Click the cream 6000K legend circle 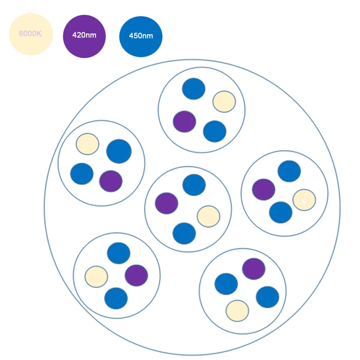click(31, 34)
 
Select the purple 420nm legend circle click(84, 36)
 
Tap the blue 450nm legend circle click(141, 36)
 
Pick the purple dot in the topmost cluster click(184, 121)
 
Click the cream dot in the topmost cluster click(224, 102)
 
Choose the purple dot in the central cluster click(167, 203)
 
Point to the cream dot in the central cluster click(208, 216)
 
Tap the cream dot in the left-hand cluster click(87, 144)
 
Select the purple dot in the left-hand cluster click(111, 181)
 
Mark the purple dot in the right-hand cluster click(264, 189)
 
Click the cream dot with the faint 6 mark click(304, 200)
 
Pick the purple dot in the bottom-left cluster click(136, 275)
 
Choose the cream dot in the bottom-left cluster click(96, 276)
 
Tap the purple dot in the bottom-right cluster click(254, 269)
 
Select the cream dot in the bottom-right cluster click(238, 310)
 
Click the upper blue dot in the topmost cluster click(194, 89)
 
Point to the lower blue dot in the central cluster click(184, 233)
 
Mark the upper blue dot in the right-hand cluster click(289, 171)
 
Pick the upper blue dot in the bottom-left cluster click(118, 253)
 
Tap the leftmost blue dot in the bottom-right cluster click(226, 284)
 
